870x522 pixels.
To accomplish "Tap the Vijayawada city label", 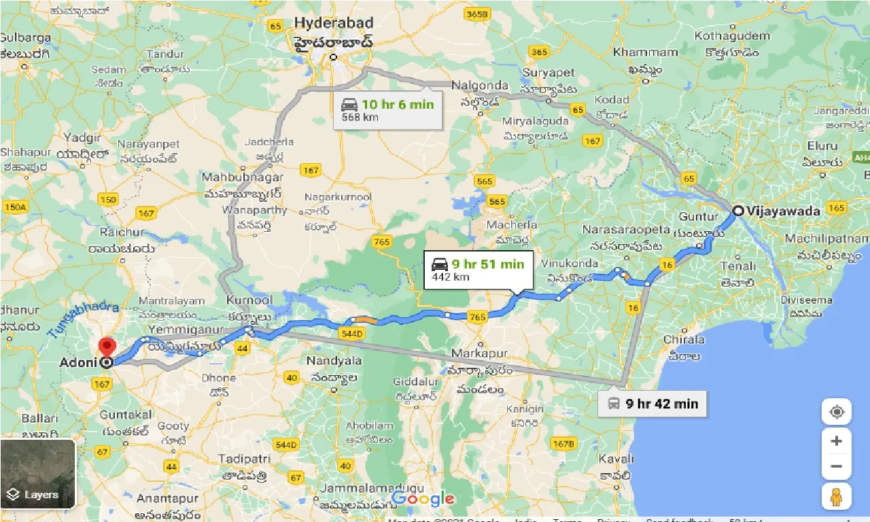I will coord(783,211).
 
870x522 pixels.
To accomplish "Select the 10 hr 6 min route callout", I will coord(388,109).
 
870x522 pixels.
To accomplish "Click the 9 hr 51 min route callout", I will coord(478,269).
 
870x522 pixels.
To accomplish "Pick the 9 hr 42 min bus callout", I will coord(652,404).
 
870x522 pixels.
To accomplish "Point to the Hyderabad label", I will coord(333,23).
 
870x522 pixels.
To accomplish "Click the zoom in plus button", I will coord(836,441).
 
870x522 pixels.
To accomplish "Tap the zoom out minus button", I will coord(836,467).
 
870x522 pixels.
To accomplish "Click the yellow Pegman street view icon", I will coord(836,498).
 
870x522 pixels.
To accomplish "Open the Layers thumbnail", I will coord(37,474).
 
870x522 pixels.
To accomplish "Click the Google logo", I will coord(423,498).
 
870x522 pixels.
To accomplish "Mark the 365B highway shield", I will coord(478,14).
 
